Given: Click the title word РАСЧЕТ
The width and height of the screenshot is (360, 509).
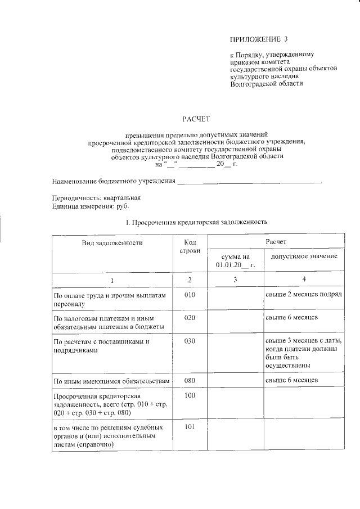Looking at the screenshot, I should click(196, 119).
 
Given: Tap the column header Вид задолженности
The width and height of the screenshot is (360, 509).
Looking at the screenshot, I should click(111, 242).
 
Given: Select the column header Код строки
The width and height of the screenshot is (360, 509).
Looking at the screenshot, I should click(190, 246).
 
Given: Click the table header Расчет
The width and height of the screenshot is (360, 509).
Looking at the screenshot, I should click(276, 241).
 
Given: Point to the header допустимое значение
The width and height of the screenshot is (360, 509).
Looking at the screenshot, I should click(304, 256).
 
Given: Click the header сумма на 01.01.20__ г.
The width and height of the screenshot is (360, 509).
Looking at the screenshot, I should click(235, 260).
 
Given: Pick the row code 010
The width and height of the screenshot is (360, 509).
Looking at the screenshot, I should click(190, 294).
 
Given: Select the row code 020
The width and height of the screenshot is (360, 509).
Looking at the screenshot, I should click(190, 318).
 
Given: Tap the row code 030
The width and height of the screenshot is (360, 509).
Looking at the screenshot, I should click(190, 341).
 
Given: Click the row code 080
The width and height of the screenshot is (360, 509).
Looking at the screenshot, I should click(190, 381).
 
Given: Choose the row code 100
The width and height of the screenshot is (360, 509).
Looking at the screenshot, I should click(190, 397).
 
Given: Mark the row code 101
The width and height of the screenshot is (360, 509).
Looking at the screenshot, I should click(190, 427).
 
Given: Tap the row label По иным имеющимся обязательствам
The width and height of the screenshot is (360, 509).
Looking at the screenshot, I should click(111, 381).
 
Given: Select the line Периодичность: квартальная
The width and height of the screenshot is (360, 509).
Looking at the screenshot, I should click(96, 199).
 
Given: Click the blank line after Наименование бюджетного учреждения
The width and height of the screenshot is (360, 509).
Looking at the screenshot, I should click(250, 182).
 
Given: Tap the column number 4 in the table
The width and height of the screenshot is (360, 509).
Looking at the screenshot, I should click(304, 280).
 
